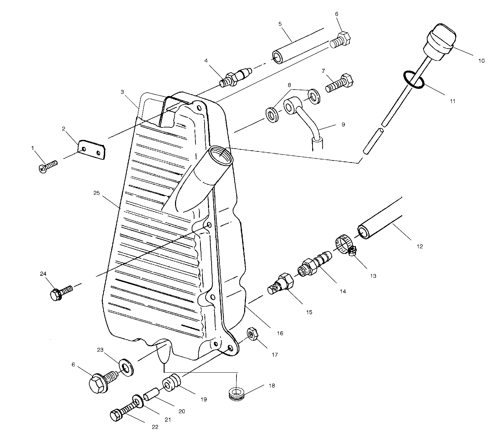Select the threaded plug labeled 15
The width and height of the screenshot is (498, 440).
pos(281,284)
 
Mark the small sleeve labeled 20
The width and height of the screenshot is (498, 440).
pos(152,396)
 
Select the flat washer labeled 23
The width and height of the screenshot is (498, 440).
pos(126,368)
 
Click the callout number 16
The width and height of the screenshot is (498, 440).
pos(280,333)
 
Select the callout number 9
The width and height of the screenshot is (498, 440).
pos(343,124)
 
